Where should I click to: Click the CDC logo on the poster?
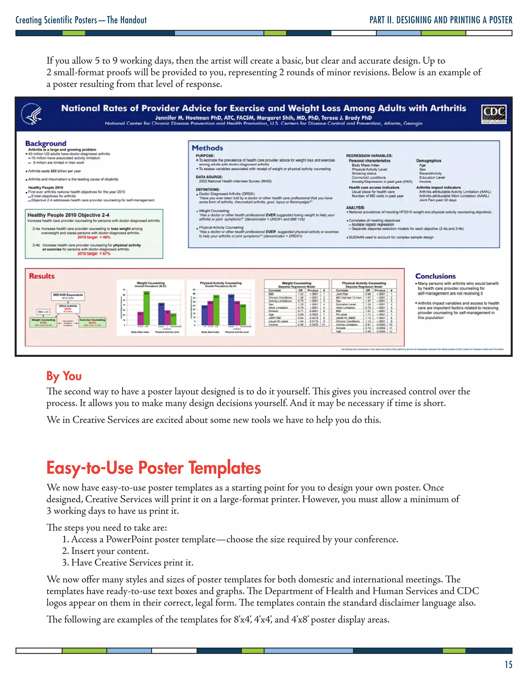494,114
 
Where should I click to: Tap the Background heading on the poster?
46,143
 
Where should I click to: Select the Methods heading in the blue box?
207,148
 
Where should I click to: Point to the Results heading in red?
42,276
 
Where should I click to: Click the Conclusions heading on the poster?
435,276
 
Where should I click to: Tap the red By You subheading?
64,376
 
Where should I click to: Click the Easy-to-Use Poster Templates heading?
153,468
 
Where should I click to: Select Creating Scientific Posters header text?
81,20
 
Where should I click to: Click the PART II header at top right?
441,20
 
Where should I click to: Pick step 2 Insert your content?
110,551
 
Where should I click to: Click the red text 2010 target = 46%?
94,237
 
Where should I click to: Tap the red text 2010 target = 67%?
94,254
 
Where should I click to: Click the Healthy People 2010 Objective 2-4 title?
68,215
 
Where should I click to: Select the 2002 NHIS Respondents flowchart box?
68,296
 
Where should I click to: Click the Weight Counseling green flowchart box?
44,322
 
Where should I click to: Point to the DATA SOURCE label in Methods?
209,177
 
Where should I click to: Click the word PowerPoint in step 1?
129,539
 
